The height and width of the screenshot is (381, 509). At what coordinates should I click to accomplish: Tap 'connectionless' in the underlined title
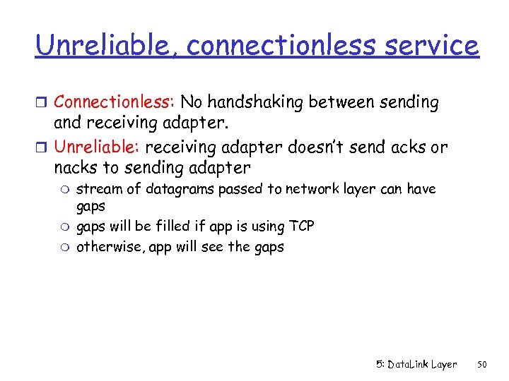tap(281, 46)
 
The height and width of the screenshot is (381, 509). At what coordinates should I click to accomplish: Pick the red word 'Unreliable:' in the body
tap(97, 147)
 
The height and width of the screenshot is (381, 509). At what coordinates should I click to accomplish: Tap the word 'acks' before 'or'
tap(409, 147)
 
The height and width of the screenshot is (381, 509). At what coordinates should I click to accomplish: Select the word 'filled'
tap(183, 226)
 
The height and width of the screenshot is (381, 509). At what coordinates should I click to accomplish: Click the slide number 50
tap(483, 365)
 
